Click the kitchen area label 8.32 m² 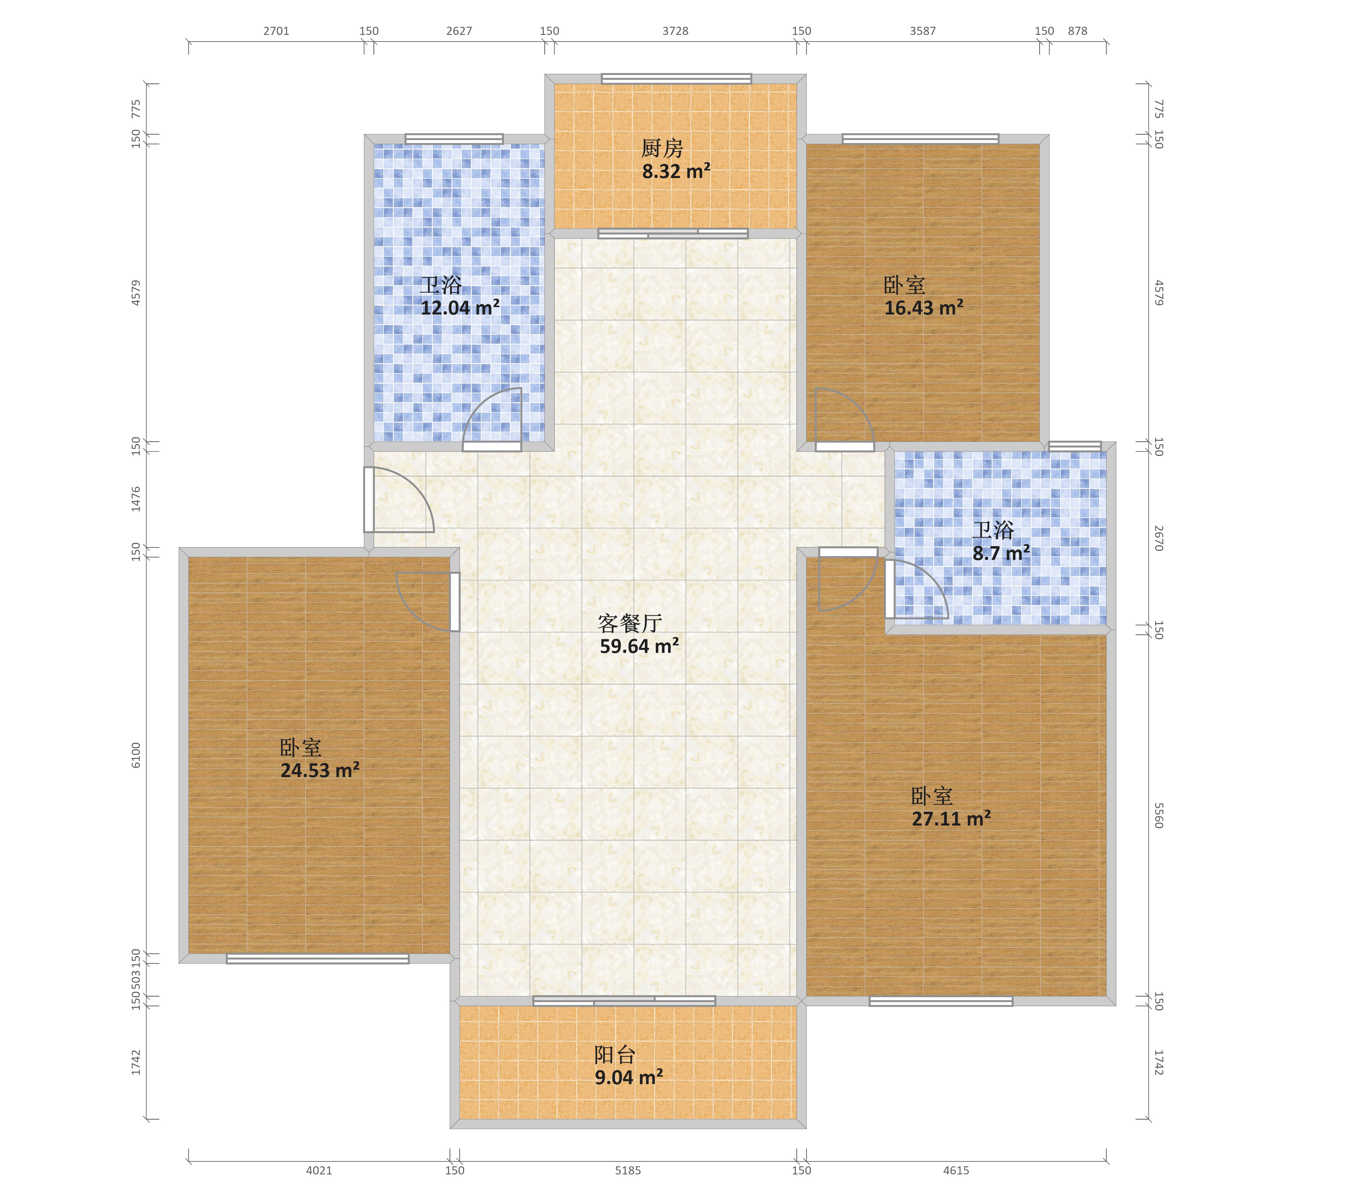coord(676,171)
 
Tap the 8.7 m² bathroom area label coord(1001,553)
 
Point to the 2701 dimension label coord(276,31)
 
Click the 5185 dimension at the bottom coord(627,1171)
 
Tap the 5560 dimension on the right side coord(1158,816)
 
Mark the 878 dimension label coord(1078,31)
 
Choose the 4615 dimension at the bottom coord(956,1171)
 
